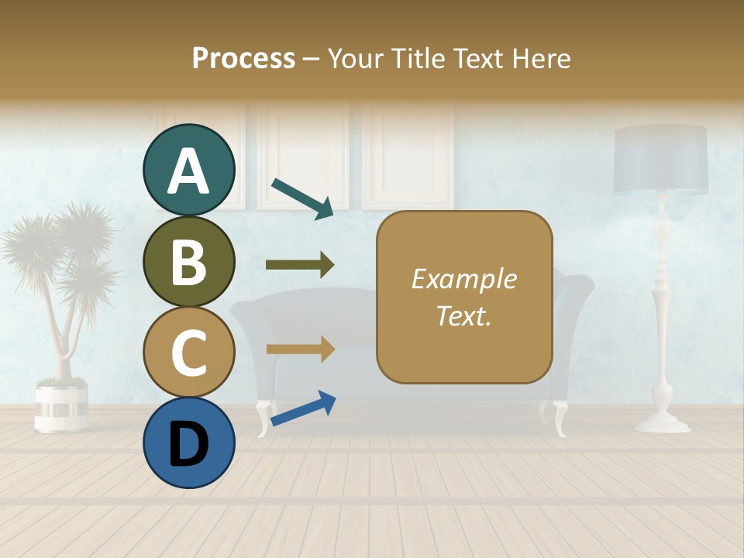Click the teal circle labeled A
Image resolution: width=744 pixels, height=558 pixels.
(x=188, y=170)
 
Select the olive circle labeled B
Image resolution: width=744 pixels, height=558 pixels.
(x=188, y=261)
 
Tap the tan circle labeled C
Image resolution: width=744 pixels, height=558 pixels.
(x=188, y=352)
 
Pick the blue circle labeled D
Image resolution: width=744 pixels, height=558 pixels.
(x=188, y=443)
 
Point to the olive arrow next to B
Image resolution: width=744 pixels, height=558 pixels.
(x=300, y=265)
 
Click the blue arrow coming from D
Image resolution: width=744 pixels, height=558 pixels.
(x=303, y=408)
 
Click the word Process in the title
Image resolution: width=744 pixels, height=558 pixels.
(x=243, y=58)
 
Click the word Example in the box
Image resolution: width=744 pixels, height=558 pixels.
(x=463, y=279)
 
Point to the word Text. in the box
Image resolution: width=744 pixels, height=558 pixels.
(x=463, y=315)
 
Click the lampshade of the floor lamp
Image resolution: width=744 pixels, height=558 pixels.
(x=660, y=159)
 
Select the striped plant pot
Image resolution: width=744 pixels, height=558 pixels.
(x=61, y=406)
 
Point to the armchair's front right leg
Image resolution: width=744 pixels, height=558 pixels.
(x=560, y=418)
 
